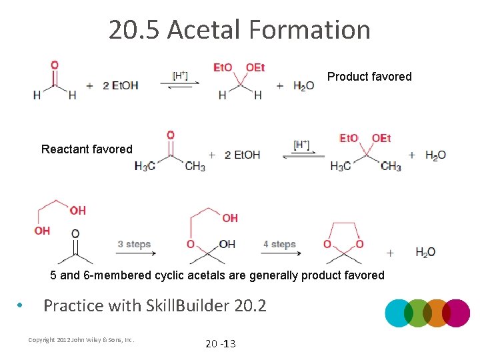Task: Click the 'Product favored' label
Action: pyautogui.click(x=369, y=77)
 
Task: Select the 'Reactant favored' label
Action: pyautogui.click(x=87, y=149)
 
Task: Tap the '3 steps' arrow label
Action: pyautogui.click(x=134, y=244)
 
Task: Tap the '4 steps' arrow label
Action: pyautogui.click(x=279, y=244)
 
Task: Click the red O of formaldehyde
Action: pyautogui.click(x=54, y=65)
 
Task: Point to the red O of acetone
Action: pyautogui.click(x=170, y=135)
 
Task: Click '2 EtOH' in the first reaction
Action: pyautogui.click(x=121, y=85)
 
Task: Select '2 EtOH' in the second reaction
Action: pyautogui.click(x=242, y=155)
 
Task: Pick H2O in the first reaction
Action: pyautogui.click(x=304, y=85)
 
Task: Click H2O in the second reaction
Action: pyautogui.click(x=435, y=155)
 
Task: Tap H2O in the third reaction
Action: pyautogui.click(x=425, y=252)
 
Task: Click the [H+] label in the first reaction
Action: pyautogui.click(x=180, y=75)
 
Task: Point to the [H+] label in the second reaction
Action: pyautogui.click(x=301, y=144)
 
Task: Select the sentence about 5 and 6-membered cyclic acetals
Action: pyautogui.click(x=217, y=275)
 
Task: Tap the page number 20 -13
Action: pyautogui.click(x=220, y=343)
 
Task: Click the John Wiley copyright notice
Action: pyautogui.click(x=81, y=340)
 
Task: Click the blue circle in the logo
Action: pyautogui.click(x=399, y=313)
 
